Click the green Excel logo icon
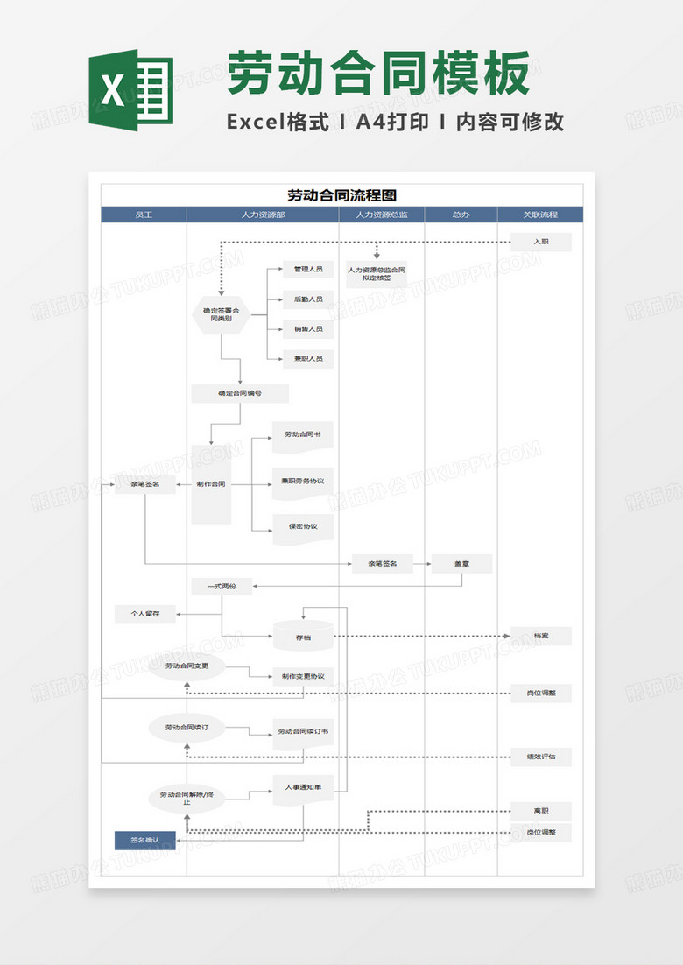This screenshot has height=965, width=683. click(x=130, y=90)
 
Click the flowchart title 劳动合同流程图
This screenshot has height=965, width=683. click(x=341, y=195)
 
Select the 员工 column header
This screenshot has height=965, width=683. click(x=144, y=215)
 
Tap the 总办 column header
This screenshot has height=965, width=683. click(x=461, y=215)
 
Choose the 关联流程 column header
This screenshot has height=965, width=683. click(x=540, y=215)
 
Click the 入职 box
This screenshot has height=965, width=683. click(x=541, y=242)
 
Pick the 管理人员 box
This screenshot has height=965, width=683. click(x=307, y=270)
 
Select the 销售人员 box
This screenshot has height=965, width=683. click(x=307, y=329)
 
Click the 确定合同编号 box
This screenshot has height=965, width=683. click(x=239, y=394)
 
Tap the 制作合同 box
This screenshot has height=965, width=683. click(x=211, y=484)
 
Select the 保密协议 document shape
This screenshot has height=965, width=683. click(x=303, y=528)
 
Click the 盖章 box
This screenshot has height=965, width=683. click(x=461, y=564)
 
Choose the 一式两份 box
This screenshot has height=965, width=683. click(x=222, y=587)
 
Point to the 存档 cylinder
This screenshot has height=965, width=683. click(x=303, y=637)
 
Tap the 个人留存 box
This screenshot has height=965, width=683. click(x=145, y=615)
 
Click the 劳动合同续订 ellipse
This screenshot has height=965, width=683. click(x=187, y=728)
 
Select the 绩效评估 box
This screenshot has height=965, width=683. click(x=541, y=757)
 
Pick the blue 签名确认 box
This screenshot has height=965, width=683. click(x=145, y=841)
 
